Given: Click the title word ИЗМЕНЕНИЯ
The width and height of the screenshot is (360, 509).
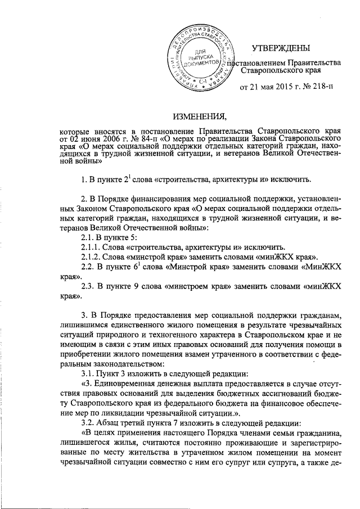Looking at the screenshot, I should (x=199, y=116).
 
